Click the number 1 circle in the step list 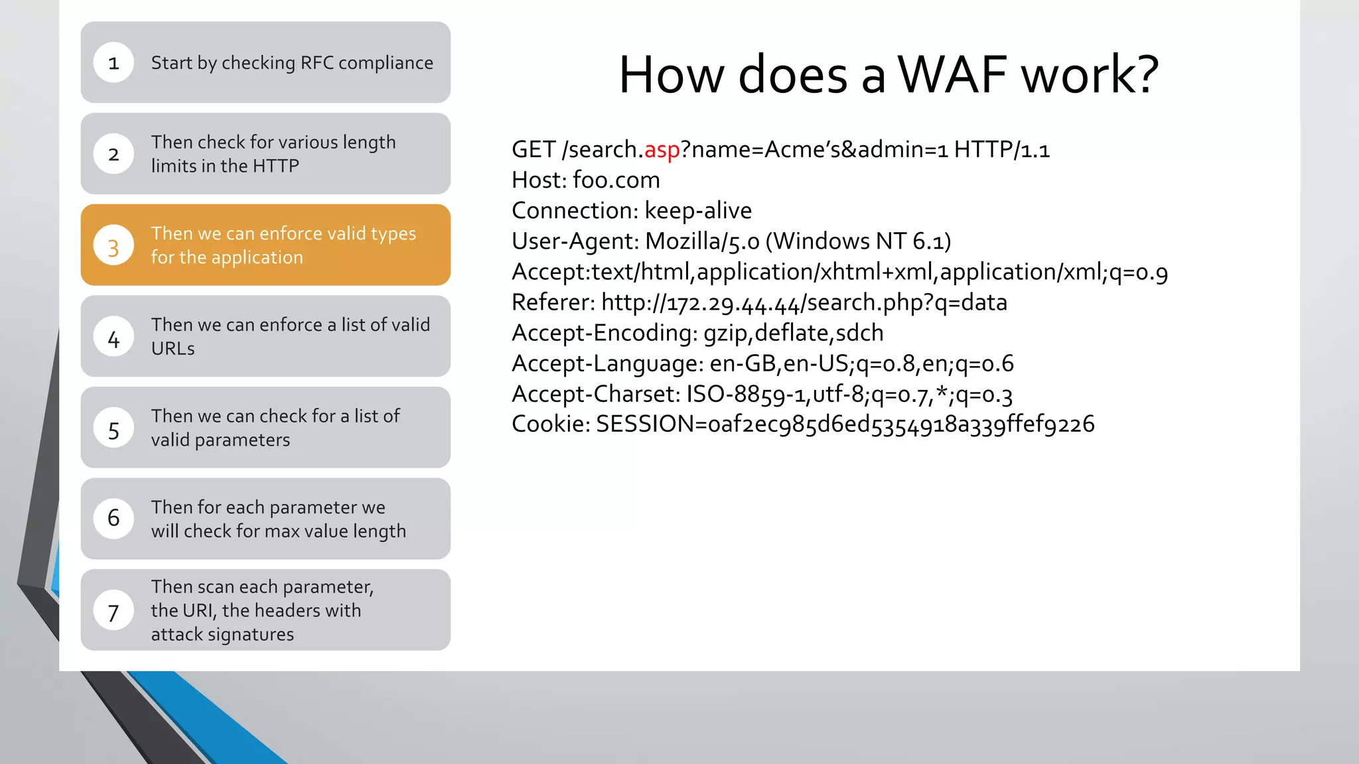tap(113, 62)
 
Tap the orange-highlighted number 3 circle tap(113, 245)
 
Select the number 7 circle tap(113, 611)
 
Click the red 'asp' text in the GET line tap(662, 150)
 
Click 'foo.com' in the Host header tap(616, 180)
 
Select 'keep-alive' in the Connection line tap(698, 211)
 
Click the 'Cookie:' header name tap(550, 424)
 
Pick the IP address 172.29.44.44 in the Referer tap(733, 304)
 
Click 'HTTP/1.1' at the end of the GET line tap(1001, 150)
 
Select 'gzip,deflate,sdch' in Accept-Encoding tap(793, 333)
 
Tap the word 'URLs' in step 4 tap(173, 349)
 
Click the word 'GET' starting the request tap(533, 150)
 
